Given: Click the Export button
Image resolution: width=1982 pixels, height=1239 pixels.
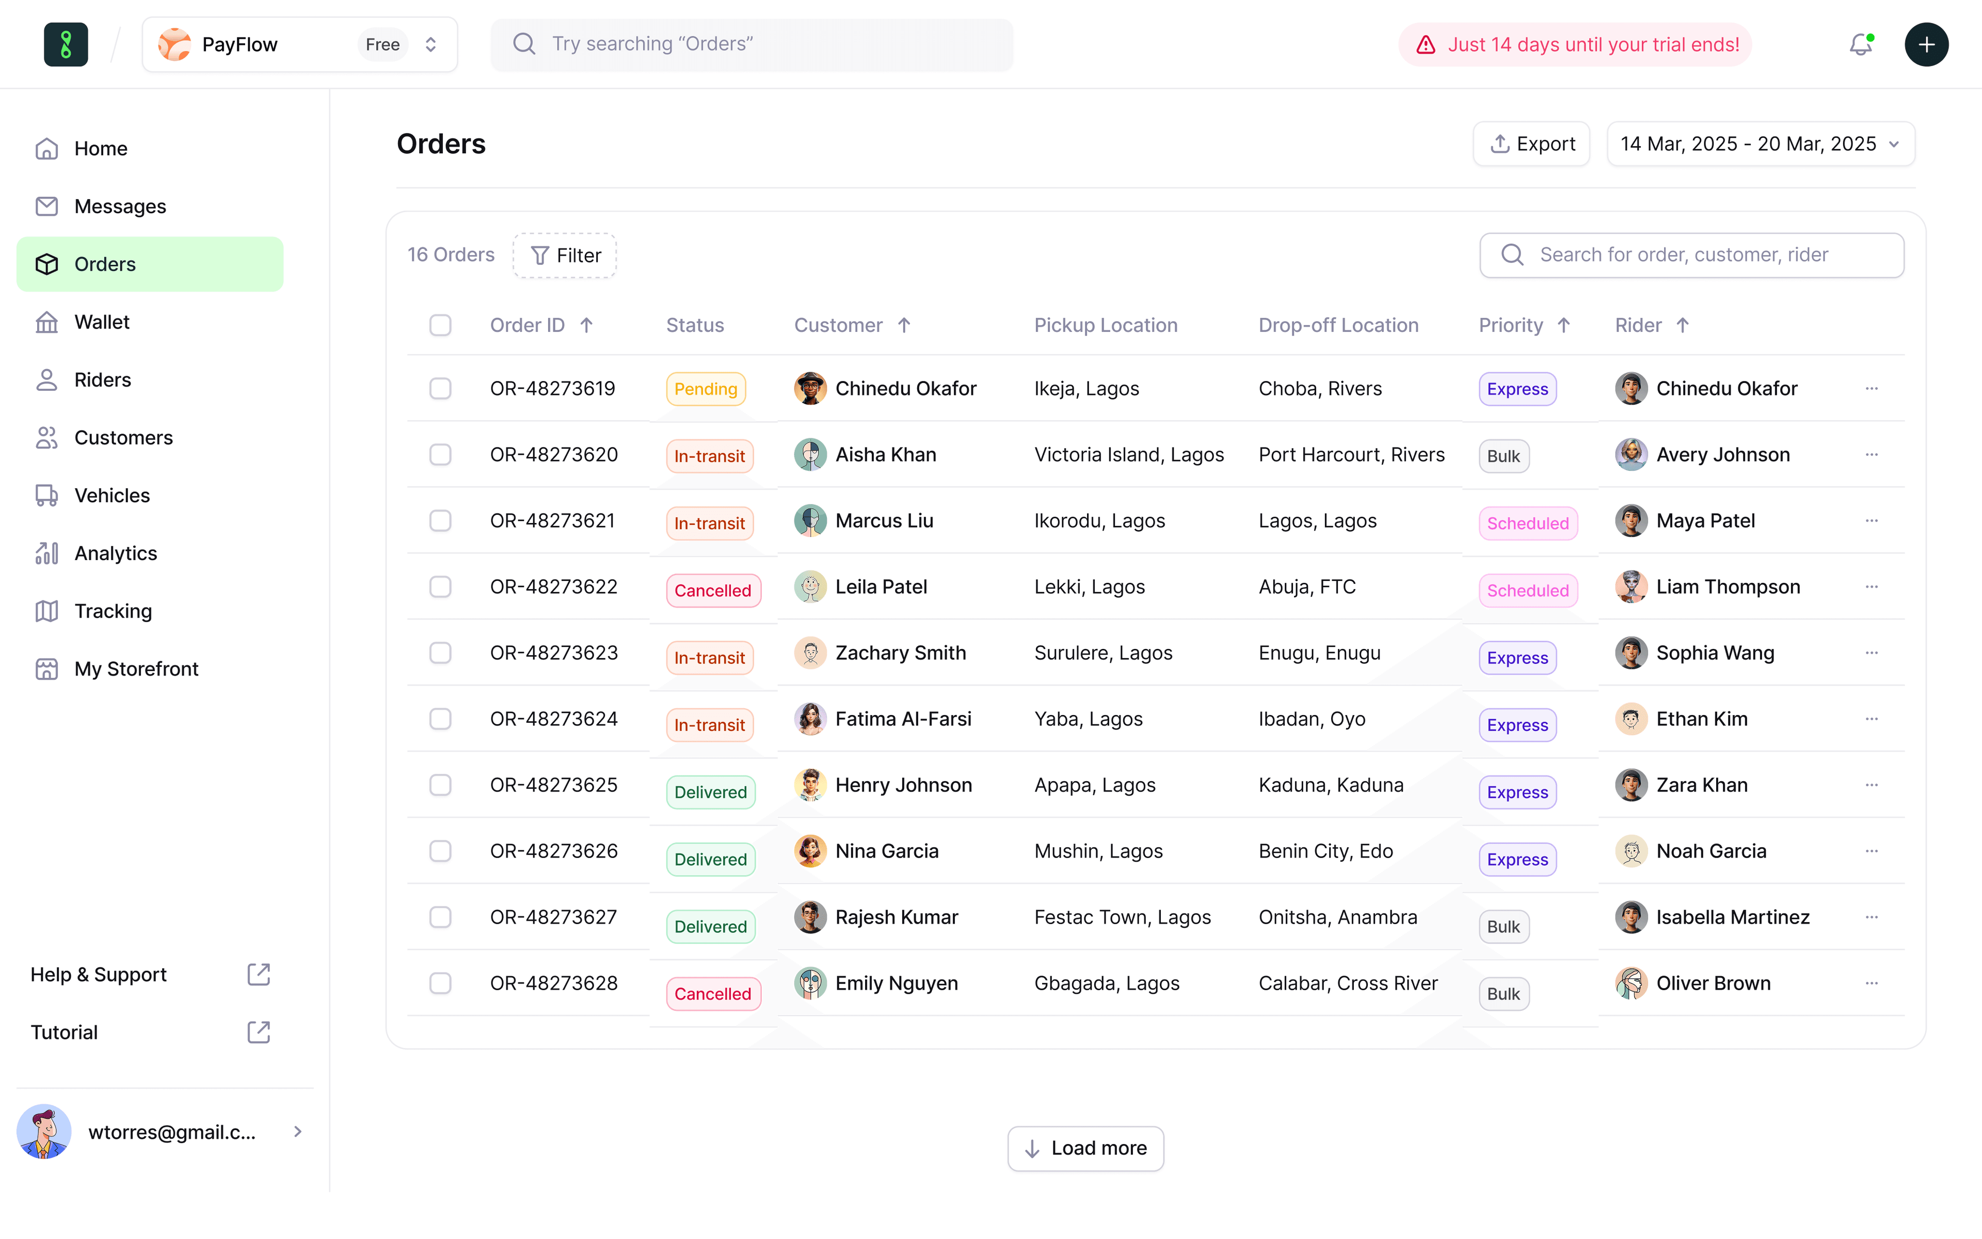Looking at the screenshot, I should pyautogui.click(x=1531, y=144).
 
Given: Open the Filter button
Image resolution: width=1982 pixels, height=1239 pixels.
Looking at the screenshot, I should pyautogui.click(x=565, y=256).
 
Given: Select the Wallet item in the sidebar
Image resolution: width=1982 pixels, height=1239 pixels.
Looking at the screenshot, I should pyautogui.click(x=102, y=322).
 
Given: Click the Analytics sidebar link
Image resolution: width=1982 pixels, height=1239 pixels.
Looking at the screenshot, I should pyautogui.click(x=116, y=553).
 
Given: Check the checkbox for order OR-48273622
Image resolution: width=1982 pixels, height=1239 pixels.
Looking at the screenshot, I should pyautogui.click(x=441, y=587).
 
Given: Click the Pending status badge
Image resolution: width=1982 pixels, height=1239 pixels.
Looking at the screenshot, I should pyautogui.click(x=705, y=389).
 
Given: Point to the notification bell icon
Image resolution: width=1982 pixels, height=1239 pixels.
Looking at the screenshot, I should pyautogui.click(x=1861, y=44).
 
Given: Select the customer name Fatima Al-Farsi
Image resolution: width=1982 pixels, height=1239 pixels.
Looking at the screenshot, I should pyautogui.click(x=903, y=719).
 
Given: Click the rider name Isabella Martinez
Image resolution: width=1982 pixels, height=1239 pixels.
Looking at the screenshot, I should pyautogui.click(x=1732, y=917).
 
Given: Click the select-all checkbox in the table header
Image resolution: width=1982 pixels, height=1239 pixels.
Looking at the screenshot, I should pyautogui.click(x=441, y=325).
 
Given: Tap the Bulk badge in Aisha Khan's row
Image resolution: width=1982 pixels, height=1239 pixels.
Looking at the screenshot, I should pyautogui.click(x=1503, y=456).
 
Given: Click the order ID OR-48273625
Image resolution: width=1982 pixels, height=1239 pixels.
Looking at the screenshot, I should pyautogui.click(x=554, y=785).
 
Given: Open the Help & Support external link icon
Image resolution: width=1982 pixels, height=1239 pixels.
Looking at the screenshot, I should pyautogui.click(x=259, y=974).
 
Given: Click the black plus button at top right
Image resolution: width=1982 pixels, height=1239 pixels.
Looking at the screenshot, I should pyautogui.click(x=1926, y=44).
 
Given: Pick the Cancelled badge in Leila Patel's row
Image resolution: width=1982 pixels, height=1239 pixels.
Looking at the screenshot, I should pyautogui.click(x=712, y=591).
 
